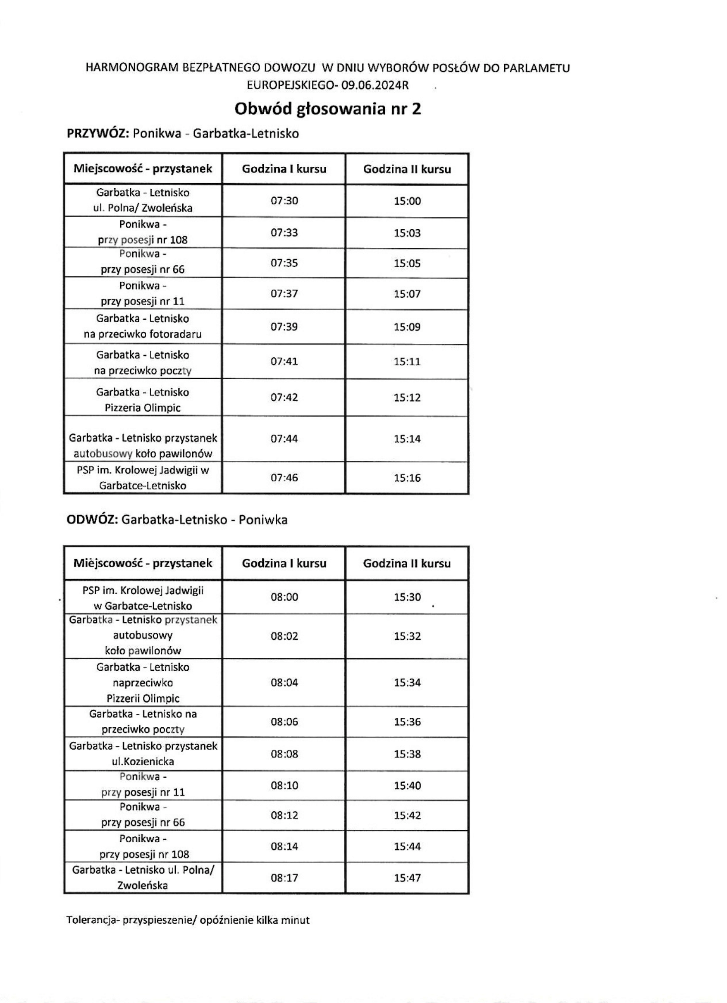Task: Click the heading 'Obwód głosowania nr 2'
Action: (x=327, y=109)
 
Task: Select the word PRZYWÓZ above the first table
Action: (x=97, y=133)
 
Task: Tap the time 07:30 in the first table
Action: (x=284, y=201)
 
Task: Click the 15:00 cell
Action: (x=407, y=201)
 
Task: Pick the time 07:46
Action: (x=284, y=478)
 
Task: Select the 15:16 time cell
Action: (x=407, y=478)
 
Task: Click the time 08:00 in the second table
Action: (x=284, y=597)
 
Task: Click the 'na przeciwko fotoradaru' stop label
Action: (x=142, y=334)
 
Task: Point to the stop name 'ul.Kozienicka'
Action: (x=142, y=762)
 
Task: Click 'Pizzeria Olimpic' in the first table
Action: (x=142, y=408)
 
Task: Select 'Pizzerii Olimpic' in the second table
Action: (x=142, y=699)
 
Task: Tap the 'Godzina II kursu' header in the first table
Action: (x=407, y=169)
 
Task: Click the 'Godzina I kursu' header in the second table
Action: (x=284, y=564)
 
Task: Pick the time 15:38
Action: (x=407, y=754)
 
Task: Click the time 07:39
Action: (x=284, y=327)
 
